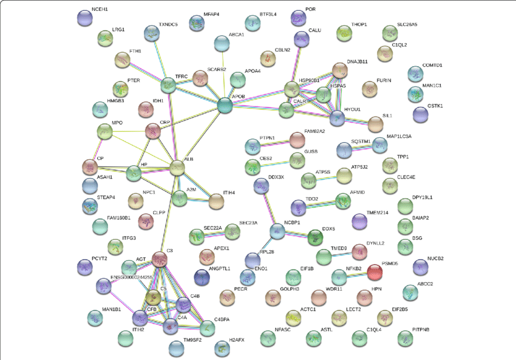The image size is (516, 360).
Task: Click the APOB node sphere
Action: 225,106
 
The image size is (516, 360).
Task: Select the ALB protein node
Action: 177,168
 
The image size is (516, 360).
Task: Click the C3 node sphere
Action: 160,260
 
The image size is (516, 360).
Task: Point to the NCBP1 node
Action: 277,231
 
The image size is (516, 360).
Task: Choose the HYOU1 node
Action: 337,118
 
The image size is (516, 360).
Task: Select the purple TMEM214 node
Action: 359,222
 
